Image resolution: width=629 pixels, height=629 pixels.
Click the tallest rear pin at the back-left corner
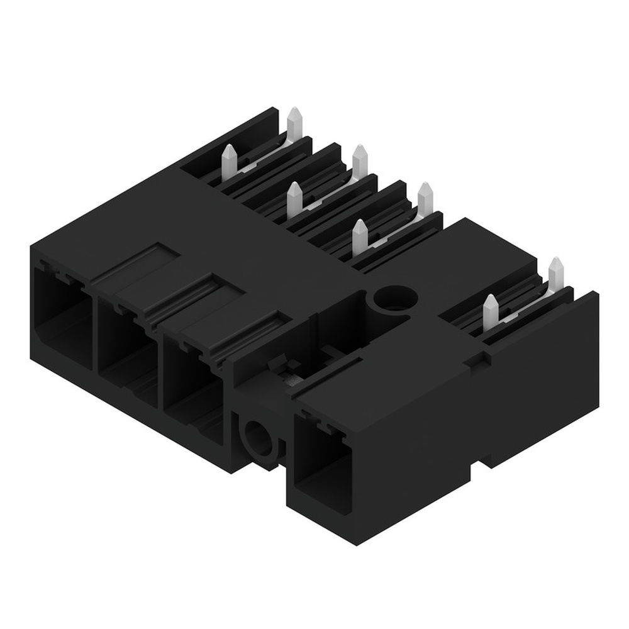coord(294,123)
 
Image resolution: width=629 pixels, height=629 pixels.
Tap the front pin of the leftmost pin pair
coord(230,160)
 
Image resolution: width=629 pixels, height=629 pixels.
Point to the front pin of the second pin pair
coord(293,198)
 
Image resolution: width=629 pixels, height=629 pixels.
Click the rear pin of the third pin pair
coord(426,198)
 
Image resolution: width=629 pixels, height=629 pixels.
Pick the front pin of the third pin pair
coord(359,235)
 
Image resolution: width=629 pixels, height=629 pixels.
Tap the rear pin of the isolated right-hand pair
coord(555,274)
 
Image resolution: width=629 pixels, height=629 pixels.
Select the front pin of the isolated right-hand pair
coord(490,311)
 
